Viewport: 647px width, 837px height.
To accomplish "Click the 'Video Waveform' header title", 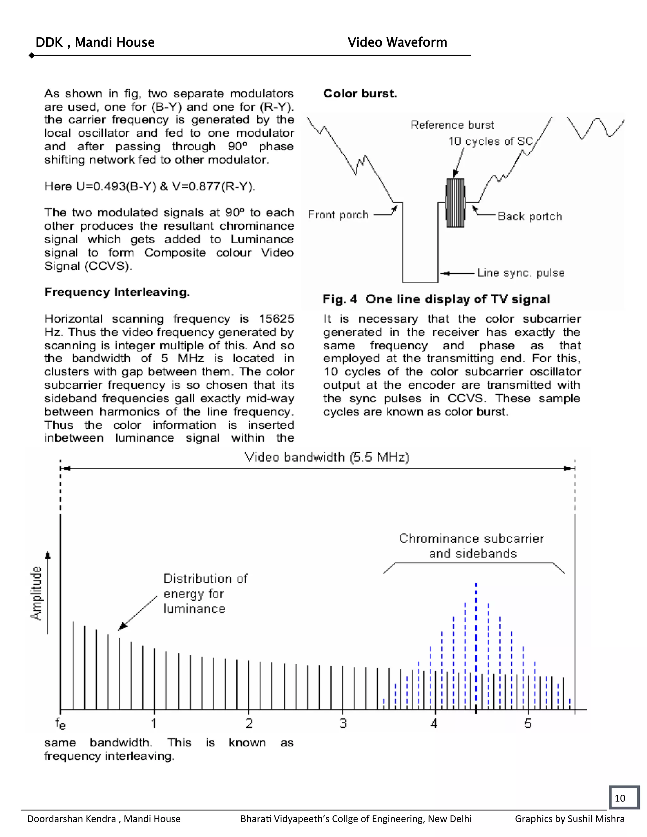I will (397, 42).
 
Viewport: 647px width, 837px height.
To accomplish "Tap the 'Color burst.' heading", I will (360, 93).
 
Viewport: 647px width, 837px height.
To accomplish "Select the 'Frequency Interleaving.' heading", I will (117, 292).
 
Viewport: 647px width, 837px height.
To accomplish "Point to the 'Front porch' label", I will (338, 214).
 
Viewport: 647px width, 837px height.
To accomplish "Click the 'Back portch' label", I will (530, 217).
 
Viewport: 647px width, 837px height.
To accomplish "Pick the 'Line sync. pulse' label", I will (521, 273).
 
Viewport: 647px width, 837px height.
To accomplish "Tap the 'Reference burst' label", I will (452, 125).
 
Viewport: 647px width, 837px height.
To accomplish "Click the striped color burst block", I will (455, 203).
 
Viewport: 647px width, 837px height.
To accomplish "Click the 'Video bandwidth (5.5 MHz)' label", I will (327, 457).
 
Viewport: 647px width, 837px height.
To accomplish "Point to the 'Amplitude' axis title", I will (36, 593).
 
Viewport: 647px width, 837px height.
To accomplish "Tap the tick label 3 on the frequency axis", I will (343, 724).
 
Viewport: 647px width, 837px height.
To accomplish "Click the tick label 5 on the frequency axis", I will (528, 724).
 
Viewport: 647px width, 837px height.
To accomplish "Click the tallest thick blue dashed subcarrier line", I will (476, 644).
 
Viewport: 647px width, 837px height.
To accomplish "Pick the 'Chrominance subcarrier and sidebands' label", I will (472, 546).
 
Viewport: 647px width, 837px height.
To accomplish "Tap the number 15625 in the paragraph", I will (276, 319).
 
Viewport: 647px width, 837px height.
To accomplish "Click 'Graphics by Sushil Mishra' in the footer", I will (569, 819).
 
